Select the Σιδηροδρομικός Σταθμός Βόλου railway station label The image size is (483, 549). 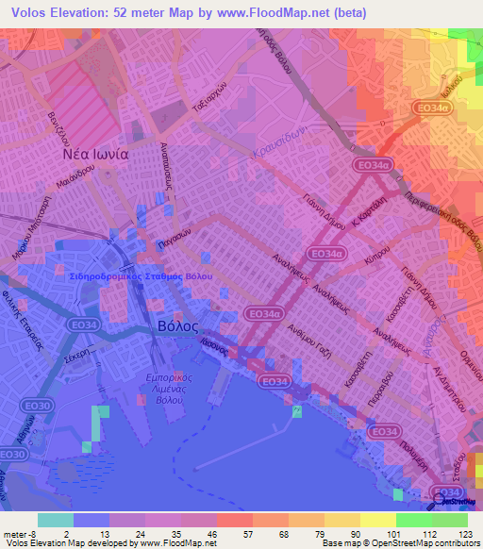click(x=142, y=276)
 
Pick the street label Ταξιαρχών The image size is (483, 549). click(x=213, y=99)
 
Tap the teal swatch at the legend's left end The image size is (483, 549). click(x=55, y=519)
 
